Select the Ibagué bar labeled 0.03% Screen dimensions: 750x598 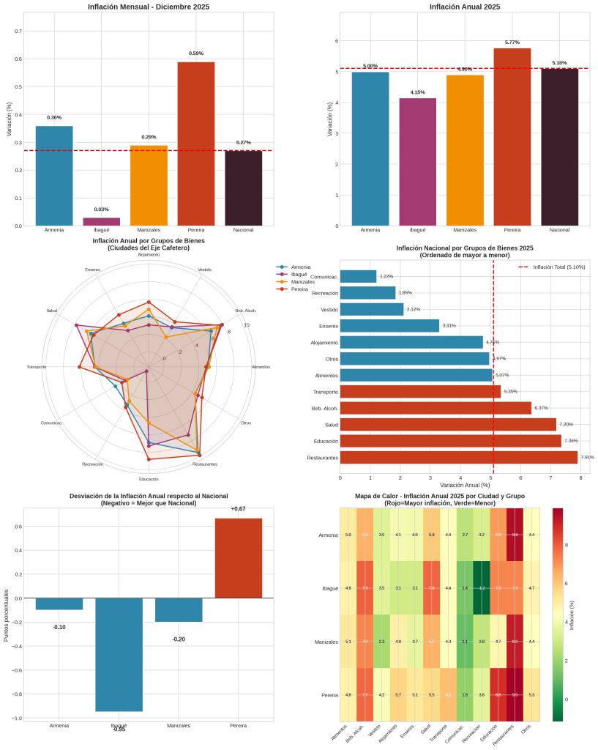tap(102, 221)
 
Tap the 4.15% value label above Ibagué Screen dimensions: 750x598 tap(418, 92)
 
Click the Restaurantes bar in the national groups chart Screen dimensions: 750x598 tap(459, 458)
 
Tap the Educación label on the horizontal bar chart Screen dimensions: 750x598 tap(325, 441)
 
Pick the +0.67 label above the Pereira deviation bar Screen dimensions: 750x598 tap(238, 508)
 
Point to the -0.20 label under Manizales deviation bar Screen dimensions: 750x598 tap(179, 639)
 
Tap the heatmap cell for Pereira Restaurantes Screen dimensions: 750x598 tap(515, 694)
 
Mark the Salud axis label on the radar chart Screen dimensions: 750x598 tap(51, 311)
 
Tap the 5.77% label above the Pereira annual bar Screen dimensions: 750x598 tap(512, 42)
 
